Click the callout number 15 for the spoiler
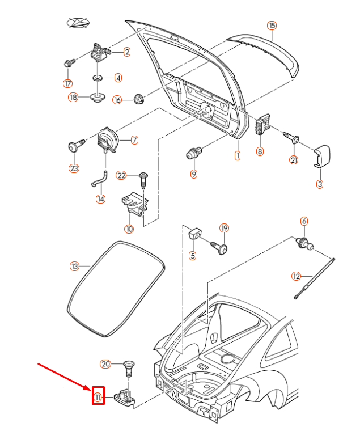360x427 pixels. (272, 26)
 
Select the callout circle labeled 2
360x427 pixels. (126, 52)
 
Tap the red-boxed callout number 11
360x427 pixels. (98, 396)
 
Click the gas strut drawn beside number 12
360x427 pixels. (315, 278)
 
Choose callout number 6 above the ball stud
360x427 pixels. (304, 221)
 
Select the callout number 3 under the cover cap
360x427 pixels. (320, 184)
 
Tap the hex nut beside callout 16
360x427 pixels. (138, 100)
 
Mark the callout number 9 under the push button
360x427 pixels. (194, 174)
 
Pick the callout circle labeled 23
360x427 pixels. (74, 168)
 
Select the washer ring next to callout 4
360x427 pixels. (98, 78)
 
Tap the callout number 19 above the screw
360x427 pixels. (224, 229)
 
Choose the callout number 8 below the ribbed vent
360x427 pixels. (260, 151)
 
